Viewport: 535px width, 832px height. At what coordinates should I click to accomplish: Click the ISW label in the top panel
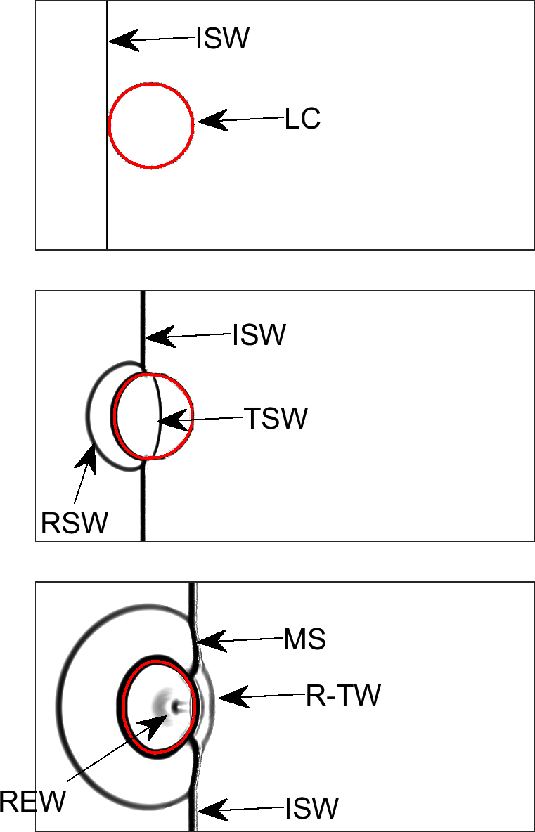click(x=223, y=39)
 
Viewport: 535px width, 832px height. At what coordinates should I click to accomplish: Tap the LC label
click(x=303, y=120)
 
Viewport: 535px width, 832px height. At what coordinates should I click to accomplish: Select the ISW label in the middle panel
click(x=259, y=336)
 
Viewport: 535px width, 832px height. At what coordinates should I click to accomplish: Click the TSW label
click(x=276, y=419)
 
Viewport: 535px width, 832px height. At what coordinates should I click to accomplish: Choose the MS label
click(x=304, y=640)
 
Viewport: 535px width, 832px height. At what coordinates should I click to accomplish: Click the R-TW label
click(x=343, y=696)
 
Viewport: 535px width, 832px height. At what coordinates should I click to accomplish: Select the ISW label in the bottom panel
click(x=311, y=809)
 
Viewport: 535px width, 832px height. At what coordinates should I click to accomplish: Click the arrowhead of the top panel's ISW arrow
click(x=120, y=41)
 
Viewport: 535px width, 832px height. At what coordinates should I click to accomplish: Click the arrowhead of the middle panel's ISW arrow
click(x=155, y=338)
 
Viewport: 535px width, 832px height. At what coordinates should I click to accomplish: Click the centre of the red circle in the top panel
click(x=151, y=126)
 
